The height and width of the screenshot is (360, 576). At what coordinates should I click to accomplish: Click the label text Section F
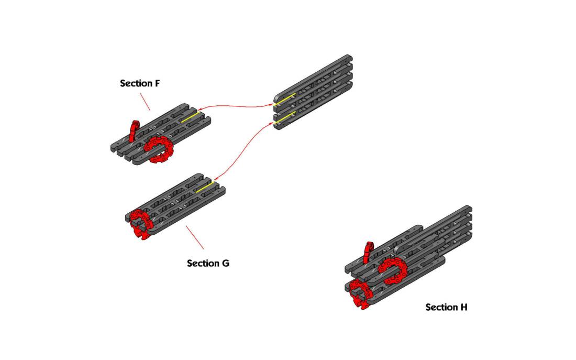coord(140,83)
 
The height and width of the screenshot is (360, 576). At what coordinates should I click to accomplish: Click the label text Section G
coord(208,263)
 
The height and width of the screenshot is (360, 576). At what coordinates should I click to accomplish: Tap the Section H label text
coord(446,307)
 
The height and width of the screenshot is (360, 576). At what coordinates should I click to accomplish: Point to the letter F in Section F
coord(157,83)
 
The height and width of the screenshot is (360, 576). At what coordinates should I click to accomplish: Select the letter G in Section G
coord(225,263)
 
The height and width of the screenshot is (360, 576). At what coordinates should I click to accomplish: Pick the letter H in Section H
coord(463,307)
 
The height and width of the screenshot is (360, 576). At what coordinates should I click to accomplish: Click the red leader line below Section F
coord(145,102)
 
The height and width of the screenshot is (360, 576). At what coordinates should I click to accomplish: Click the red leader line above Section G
coord(194,237)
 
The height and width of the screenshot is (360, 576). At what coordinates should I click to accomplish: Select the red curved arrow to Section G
coord(241,152)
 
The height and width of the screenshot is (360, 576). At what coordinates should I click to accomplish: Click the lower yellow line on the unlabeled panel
coord(284,121)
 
